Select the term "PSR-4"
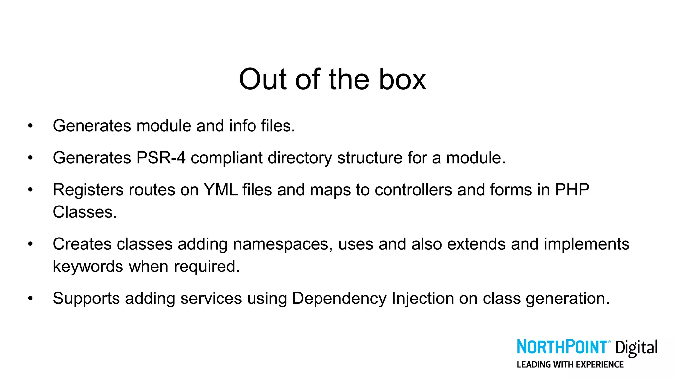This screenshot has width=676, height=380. click(x=161, y=158)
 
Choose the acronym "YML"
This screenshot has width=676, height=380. click(x=220, y=190)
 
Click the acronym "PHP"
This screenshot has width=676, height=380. click(x=572, y=190)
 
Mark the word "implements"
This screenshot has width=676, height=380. click(x=587, y=244)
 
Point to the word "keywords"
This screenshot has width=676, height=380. click(x=88, y=266)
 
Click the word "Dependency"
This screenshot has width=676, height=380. click(x=339, y=299)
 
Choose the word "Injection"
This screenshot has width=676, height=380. click(x=423, y=299)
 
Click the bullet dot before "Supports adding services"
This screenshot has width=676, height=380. click(x=30, y=299)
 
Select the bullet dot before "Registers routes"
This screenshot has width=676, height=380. click(x=30, y=190)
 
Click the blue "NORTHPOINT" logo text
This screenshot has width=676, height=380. click(x=561, y=347)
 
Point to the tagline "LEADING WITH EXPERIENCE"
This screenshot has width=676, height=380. click(x=570, y=364)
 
